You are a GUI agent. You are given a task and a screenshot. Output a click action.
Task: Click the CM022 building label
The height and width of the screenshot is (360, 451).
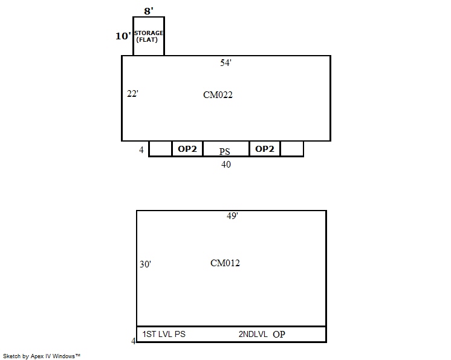[218, 94]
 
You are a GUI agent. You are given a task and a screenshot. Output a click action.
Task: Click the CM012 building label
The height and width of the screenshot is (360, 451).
[225, 263]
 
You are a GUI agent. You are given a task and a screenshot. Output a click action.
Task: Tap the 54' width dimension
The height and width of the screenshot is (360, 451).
[225, 63]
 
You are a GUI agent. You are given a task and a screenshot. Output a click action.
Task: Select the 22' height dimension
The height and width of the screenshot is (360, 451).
[133, 94]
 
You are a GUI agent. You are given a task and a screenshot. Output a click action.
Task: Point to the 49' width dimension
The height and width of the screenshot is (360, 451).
[232, 216]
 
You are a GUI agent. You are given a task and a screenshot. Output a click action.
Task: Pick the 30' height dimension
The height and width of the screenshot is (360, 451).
[145, 264]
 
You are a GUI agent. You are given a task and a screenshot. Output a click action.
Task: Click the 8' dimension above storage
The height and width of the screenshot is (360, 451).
[148, 10]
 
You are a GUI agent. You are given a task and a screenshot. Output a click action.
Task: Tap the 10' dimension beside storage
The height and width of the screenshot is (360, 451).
[123, 36]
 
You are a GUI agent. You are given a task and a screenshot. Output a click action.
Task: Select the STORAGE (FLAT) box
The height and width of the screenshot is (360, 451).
[149, 36]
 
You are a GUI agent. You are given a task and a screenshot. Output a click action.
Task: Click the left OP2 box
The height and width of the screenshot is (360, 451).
[187, 149]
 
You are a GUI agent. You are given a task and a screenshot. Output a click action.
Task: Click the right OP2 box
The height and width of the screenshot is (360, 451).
[264, 149]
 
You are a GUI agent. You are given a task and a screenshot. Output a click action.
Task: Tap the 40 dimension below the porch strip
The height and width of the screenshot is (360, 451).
[225, 164]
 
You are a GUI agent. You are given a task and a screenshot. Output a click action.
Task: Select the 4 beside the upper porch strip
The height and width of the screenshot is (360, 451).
[141, 150]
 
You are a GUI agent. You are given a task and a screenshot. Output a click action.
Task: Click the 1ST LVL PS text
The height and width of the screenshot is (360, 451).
[164, 334]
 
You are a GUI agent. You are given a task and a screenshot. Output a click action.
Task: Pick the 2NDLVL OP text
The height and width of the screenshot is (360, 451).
[262, 334]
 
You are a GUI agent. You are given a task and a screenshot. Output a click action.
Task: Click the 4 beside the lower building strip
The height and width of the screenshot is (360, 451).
[133, 341]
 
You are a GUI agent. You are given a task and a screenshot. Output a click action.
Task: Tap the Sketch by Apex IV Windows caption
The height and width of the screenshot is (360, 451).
[42, 356]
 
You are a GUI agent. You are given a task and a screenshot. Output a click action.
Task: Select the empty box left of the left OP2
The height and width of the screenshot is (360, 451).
[160, 149]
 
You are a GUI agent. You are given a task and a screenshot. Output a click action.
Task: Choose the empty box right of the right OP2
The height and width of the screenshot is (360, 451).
[292, 149]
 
